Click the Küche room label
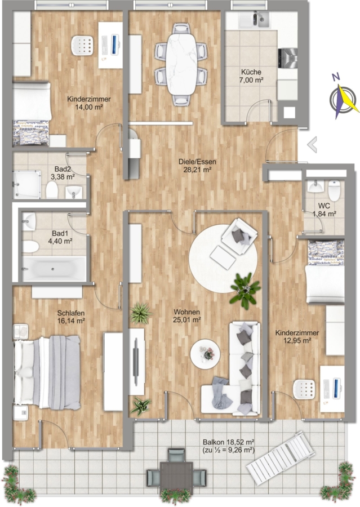tap(251, 72)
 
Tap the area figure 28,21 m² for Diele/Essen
tap(198, 169)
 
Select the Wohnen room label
tap(186, 312)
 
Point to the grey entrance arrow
tap(312, 144)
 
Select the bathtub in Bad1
tap(54, 269)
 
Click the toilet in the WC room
tap(334, 190)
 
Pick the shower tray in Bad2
tap(27, 185)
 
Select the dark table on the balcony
tap(176, 475)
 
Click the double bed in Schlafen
tap(47, 372)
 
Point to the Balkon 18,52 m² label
tap(228, 442)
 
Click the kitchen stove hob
tap(287, 59)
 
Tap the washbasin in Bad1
tap(29, 221)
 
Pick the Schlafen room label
tap(71, 313)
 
